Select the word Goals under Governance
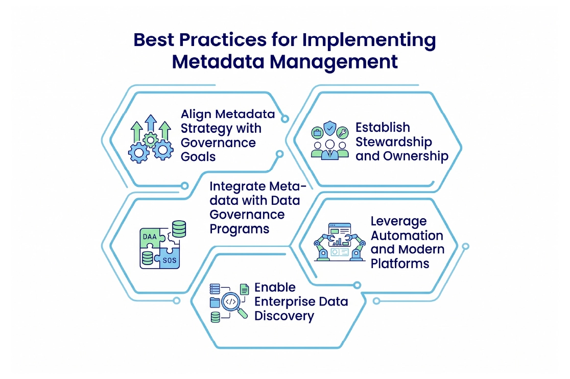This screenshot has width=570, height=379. click(198, 156)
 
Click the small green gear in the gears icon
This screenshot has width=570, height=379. click(150, 138)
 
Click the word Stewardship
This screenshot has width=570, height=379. click(393, 141)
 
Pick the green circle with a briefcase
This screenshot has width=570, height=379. click(317, 134)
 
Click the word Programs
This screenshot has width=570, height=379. click(239, 228)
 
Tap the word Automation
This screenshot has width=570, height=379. click(407, 235)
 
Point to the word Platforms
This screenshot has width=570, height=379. click(399, 264)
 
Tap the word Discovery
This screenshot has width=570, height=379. click(284, 316)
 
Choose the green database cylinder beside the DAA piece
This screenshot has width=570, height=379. click(179, 229)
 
